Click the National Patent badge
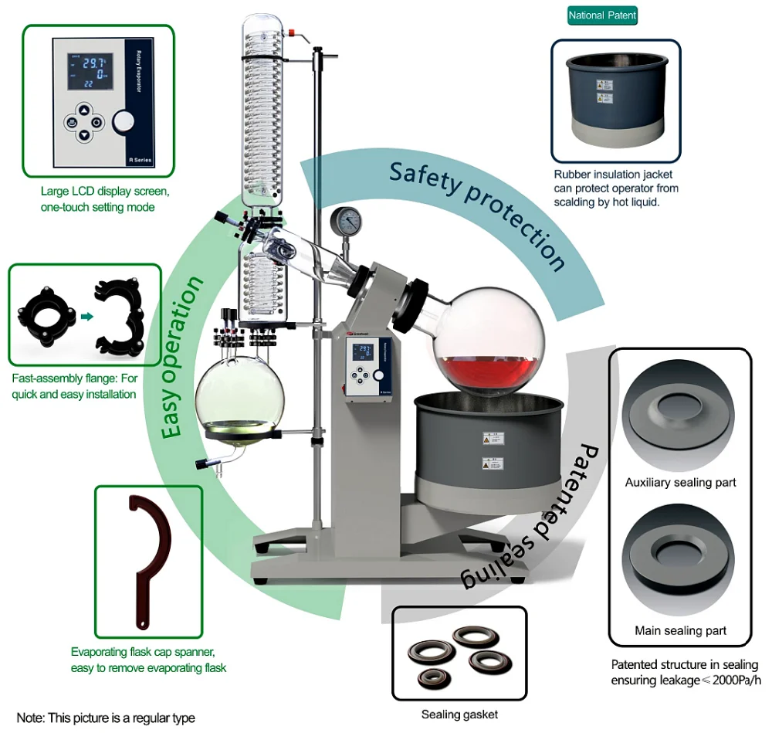click(602, 15)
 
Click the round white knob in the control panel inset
click(124, 122)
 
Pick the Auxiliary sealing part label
click(680, 483)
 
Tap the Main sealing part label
click(680, 630)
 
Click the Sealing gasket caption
click(459, 714)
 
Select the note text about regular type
click(106, 718)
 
